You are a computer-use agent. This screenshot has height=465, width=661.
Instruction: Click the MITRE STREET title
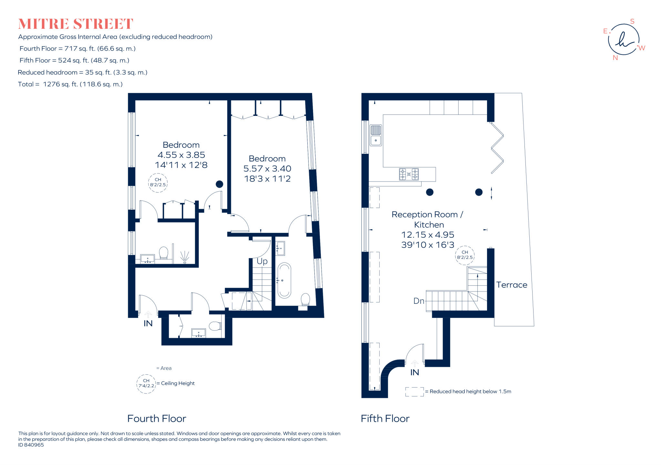point(76,24)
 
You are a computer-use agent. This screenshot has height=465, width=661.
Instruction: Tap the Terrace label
point(512,285)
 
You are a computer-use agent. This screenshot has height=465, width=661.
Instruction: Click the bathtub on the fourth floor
point(284,280)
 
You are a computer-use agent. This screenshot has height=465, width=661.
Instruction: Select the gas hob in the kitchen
point(409,174)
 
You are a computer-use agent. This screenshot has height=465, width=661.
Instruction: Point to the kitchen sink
point(376,135)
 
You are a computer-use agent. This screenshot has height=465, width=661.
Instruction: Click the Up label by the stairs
point(262,261)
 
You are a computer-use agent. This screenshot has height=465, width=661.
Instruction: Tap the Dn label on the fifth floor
point(419,301)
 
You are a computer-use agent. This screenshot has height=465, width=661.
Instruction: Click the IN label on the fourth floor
point(148,323)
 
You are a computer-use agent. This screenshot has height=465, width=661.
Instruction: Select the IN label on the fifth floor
point(415,372)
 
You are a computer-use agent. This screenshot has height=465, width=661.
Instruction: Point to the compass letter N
point(615,58)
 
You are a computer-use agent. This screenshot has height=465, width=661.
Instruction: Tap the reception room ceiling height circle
point(464,255)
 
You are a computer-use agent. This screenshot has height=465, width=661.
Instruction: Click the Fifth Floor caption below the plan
point(385,419)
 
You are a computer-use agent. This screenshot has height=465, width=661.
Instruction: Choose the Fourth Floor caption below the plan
point(157,419)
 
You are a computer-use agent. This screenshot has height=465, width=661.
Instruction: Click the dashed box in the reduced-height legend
point(414,391)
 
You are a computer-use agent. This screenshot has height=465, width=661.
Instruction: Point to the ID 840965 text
point(31,445)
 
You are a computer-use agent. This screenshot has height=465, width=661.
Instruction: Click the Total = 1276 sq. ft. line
point(70,84)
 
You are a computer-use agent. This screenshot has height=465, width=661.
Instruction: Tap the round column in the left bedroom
point(219,184)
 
